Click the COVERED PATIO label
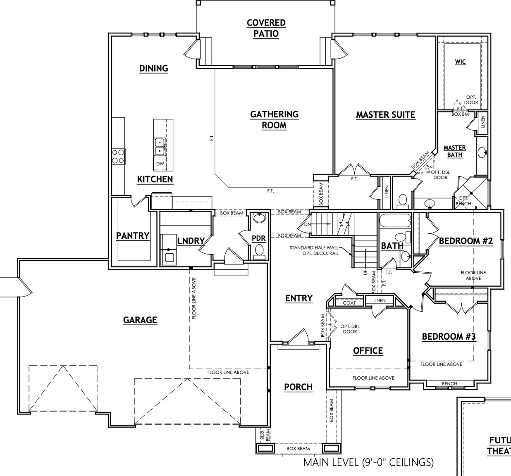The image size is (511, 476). pos(266,28)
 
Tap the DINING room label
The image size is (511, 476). pos(153,68)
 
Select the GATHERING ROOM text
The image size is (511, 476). pos(274,119)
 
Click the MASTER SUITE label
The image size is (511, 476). pos(385,115)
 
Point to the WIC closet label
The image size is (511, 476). pos(460,62)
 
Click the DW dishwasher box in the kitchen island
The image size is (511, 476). pos(160,164)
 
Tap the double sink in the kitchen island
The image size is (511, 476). pos(160,147)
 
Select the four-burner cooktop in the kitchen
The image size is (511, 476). pos(118,156)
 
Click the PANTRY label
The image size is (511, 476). pos(132,236)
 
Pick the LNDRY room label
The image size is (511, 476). pos(191,241)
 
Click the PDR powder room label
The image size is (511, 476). pos(258,238)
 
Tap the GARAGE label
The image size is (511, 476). pos(140,320)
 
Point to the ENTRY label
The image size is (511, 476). pos(298,298)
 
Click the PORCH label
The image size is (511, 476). pos(298,387)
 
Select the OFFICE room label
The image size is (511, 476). pos(368,351)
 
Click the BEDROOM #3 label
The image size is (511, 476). pos(449,337)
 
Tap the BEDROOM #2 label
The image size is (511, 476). pos(466,241)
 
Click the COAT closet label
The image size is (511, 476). pos(349,303)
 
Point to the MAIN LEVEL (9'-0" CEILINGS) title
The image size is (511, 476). pos(368,462)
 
